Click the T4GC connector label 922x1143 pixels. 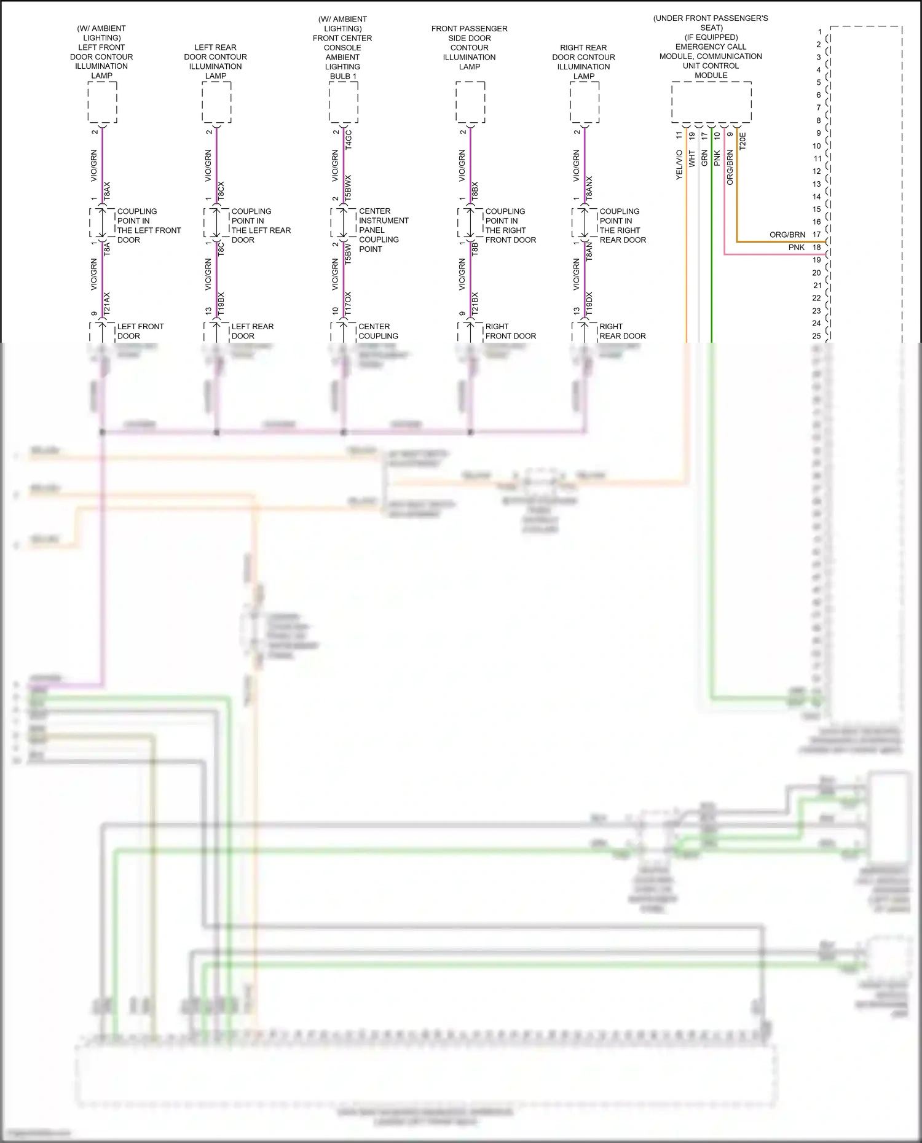point(349,139)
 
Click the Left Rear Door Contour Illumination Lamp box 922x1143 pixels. point(216,102)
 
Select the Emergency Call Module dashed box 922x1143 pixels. point(711,102)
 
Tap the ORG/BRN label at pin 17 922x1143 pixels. point(787,235)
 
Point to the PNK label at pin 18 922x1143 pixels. point(797,248)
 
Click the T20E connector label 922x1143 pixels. point(743,141)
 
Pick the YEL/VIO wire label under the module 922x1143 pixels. point(679,165)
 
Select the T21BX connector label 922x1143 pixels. point(475,305)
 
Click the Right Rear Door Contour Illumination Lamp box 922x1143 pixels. point(585,102)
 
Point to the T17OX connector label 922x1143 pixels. point(349,304)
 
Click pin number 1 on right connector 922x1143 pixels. point(819,31)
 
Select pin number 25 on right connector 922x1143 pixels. point(816,336)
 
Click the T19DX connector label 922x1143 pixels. point(589,305)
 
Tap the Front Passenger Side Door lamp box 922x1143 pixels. point(470,102)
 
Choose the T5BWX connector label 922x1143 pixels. point(349,189)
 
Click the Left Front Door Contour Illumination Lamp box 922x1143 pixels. point(102,102)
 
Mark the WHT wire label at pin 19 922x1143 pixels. point(692,158)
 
